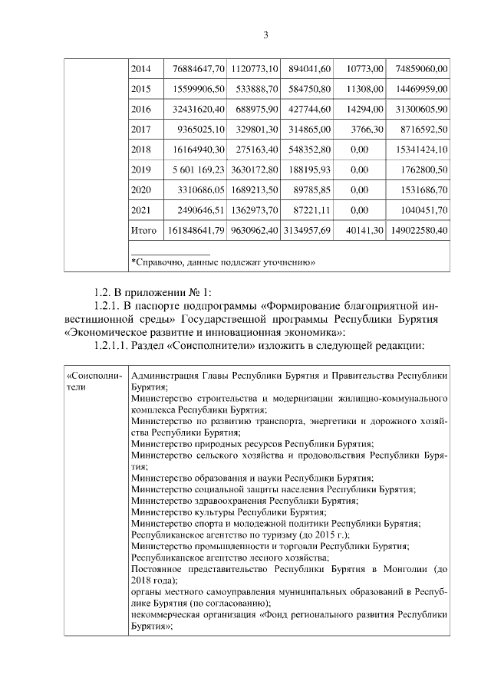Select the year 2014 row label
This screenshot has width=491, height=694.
[x=141, y=69]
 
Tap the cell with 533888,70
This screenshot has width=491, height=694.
[x=253, y=89]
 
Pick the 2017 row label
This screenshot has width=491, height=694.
[x=141, y=129]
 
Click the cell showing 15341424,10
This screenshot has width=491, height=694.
[x=421, y=150]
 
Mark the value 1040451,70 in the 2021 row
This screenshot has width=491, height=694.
[x=421, y=209]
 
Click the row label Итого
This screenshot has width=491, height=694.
[x=143, y=230]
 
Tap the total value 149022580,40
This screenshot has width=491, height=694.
[x=419, y=230]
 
